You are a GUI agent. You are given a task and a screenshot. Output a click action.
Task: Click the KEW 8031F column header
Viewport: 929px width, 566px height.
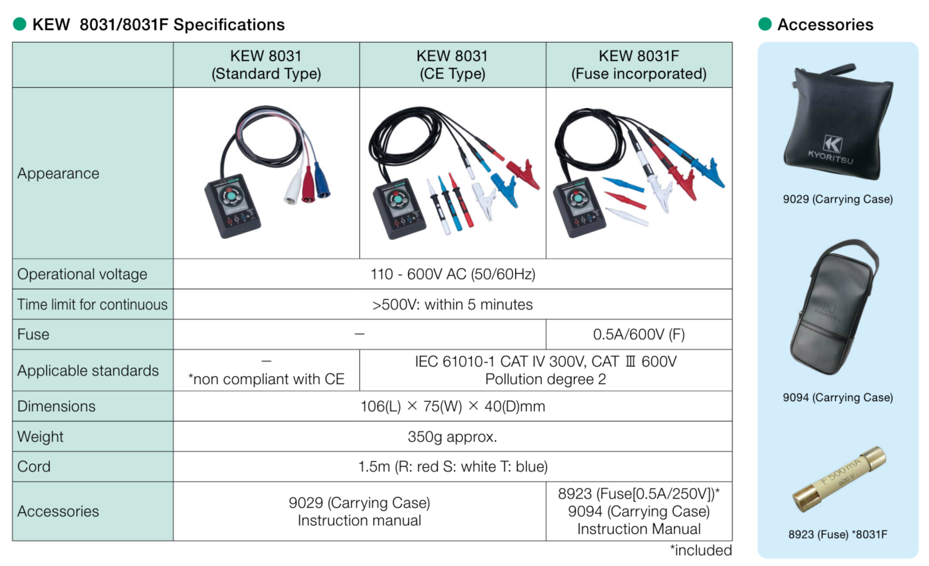(638, 65)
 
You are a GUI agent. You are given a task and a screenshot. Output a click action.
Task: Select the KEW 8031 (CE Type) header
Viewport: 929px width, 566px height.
(452, 65)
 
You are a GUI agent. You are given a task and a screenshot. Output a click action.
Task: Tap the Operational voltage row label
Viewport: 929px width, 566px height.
(83, 274)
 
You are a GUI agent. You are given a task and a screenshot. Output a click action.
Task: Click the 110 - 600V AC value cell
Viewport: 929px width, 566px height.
(453, 274)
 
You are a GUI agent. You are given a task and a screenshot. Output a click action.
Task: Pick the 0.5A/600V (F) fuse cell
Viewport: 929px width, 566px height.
(638, 335)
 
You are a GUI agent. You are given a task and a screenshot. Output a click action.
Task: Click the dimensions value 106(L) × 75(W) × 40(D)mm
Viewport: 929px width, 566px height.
(453, 406)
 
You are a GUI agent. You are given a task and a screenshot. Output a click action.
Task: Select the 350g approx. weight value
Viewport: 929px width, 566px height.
(453, 437)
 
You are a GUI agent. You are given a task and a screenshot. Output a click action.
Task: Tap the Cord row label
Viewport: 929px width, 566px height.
(34, 467)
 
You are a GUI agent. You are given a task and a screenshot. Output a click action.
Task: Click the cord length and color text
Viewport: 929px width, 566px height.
(453, 467)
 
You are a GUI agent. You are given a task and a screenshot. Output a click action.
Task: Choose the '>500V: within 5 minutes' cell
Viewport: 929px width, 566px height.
(453, 305)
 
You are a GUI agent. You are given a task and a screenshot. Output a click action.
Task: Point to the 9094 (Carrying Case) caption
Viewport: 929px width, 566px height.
(838, 398)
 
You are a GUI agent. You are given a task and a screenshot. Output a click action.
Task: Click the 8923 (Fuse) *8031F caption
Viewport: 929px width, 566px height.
(838, 534)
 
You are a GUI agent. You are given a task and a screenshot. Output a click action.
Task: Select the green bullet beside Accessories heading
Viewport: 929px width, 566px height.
(765, 25)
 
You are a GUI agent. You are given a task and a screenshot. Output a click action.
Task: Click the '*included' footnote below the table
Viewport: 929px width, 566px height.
(700, 551)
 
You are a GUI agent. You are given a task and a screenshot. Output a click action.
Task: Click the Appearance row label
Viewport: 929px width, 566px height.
(58, 173)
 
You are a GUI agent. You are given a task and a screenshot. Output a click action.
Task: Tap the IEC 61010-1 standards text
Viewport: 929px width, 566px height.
(545, 362)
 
